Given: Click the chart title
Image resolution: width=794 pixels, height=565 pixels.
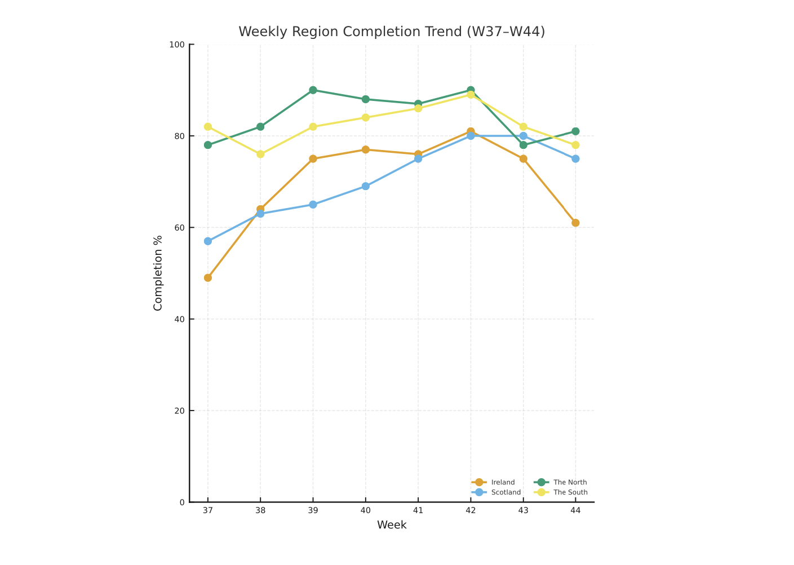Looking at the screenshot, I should (x=392, y=32).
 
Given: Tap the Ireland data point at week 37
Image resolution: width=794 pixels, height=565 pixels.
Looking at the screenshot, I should (x=208, y=278).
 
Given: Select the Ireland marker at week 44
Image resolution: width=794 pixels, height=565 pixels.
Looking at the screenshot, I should (x=575, y=223).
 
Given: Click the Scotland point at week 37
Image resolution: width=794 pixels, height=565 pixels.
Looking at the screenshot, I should (x=208, y=241).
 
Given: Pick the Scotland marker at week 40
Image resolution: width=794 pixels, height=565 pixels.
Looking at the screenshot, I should (x=366, y=186).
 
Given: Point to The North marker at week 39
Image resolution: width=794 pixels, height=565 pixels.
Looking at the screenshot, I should (x=313, y=90).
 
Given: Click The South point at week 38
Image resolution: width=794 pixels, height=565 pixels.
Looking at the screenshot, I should (x=260, y=154).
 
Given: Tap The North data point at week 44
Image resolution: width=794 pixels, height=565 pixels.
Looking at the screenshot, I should (x=575, y=131).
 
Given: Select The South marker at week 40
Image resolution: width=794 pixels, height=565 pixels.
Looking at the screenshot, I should (x=366, y=117).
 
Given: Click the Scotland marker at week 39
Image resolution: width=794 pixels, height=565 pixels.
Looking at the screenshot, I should (x=313, y=205).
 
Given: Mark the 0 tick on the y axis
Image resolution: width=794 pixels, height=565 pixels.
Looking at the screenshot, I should (x=182, y=502).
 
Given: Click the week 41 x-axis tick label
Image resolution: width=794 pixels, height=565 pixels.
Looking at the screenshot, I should (x=418, y=510).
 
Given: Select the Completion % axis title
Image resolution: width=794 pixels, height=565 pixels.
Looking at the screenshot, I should (x=158, y=273).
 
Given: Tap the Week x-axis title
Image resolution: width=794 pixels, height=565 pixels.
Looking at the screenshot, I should (x=392, y=525).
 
